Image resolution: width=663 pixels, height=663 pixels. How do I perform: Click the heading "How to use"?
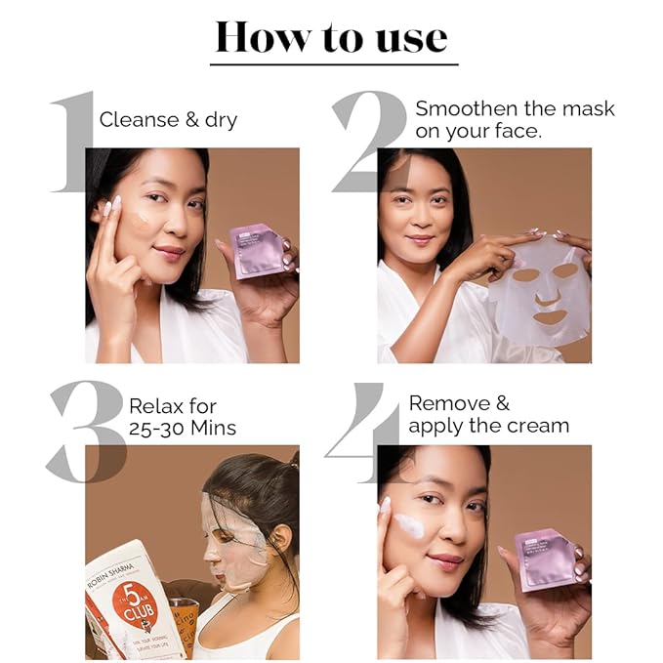[x=331, y=36]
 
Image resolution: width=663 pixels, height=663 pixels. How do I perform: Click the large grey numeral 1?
[x=74, y=142]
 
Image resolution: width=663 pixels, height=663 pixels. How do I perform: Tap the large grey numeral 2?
[x=370, y=142]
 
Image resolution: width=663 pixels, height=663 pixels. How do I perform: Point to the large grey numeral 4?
[x=362, y=431]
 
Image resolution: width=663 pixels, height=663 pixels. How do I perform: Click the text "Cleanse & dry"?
[x=168, y=120]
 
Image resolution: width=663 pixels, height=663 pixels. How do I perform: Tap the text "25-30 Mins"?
[x=182, y=428]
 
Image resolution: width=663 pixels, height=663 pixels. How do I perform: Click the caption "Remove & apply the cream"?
[x=488, y=415]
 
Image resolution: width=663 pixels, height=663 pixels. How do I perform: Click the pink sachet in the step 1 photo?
[x=257, y=250]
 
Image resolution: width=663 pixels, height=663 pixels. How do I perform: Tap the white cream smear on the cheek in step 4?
[x=407, y=527]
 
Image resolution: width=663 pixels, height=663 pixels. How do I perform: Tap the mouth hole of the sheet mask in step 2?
[x=551, y=317]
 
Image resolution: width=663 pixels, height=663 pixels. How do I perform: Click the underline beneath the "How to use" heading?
[x=333, y=64]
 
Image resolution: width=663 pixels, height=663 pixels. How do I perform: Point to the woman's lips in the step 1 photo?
[x=168, y=252]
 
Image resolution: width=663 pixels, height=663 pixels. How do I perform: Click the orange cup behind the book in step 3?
[x=186, y=625]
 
